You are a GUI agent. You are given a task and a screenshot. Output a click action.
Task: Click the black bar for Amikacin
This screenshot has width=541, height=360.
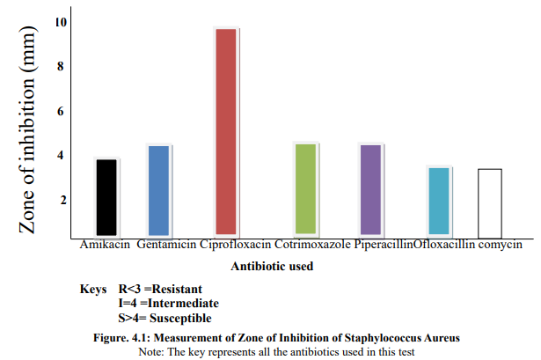(x=106, y=197)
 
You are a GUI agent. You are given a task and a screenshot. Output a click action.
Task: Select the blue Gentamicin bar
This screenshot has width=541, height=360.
(x=158, y=190)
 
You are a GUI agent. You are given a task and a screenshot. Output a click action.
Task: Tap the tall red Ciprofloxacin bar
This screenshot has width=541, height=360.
(x=226, y=132)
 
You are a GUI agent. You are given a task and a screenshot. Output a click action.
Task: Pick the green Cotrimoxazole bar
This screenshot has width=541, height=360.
(x=305, y=189)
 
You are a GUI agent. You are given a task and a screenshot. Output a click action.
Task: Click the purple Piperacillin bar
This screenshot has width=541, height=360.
(x=371, y=190)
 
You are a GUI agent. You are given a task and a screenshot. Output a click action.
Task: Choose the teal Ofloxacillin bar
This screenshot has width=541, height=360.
(x=439, y=202)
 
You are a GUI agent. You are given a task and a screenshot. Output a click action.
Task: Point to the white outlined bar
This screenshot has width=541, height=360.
(x=490, y=202)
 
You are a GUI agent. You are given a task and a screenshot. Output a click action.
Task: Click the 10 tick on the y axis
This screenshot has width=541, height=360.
(x=61, y=21)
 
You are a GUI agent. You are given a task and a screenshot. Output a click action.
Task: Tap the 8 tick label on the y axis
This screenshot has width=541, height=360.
(x=61, y=66)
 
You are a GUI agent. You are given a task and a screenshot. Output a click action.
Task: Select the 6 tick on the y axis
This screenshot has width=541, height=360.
(x=61, y=111)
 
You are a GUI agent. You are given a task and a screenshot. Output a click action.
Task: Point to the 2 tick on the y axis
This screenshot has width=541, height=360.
(x=61, y=200)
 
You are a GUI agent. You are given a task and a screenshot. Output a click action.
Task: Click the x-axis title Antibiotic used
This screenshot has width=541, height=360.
(x=272, y=265)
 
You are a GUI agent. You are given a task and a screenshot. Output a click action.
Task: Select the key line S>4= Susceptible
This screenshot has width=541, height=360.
(x=164, y=318)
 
